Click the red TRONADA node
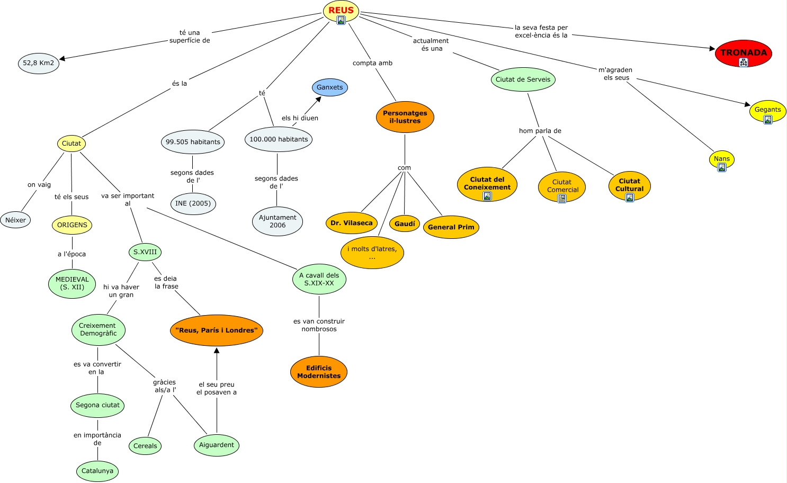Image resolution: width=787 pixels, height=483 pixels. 743,52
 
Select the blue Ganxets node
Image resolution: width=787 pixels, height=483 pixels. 330,87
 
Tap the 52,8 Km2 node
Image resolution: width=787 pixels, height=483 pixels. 38,63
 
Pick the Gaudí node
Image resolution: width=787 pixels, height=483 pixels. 405,224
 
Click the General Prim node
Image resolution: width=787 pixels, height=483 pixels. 451,227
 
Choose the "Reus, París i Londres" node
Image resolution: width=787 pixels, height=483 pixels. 216,330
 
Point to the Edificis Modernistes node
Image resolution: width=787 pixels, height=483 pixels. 319,372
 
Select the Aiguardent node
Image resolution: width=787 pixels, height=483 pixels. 216,445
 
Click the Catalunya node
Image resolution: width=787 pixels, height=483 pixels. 97,471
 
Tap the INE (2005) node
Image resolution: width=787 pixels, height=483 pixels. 193,203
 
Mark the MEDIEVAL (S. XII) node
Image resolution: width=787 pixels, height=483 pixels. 72,283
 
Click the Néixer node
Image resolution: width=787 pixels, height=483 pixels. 16,220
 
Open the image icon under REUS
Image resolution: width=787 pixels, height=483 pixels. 341,20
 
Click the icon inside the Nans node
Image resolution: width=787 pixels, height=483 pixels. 721,167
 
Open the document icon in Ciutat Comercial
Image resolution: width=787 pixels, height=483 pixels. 562,199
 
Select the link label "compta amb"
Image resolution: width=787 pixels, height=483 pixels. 372,63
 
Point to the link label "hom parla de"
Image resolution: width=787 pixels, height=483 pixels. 540,131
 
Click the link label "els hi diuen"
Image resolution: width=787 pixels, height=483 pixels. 300,118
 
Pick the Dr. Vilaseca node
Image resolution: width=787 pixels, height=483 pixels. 351,223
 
